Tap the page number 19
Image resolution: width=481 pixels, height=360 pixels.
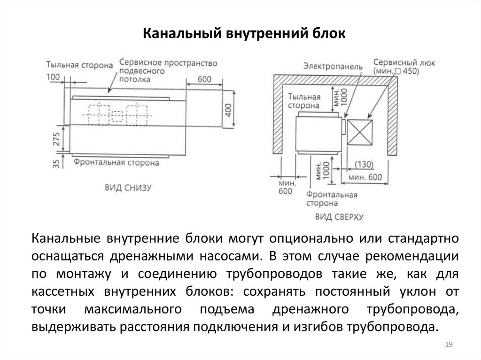click(448, 345)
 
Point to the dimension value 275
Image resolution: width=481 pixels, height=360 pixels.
click(56, 139)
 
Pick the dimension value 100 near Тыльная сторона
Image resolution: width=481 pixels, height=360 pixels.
click(54, 77)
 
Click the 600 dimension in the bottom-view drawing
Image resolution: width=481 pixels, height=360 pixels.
click(204, 79)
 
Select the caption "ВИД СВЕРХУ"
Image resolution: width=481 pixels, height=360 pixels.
click(340, 217)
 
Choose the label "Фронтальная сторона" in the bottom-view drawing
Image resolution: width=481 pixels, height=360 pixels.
click(116, 163)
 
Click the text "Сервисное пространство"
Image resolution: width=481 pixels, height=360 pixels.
click(168, 62)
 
